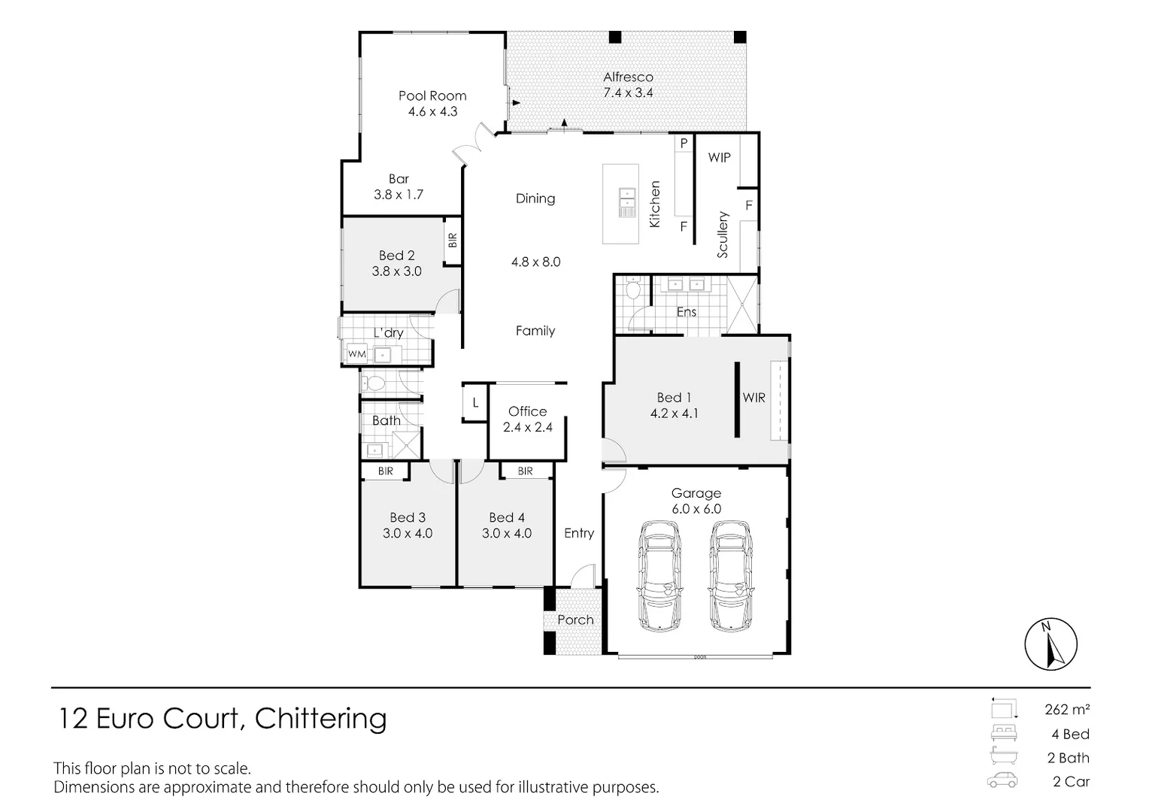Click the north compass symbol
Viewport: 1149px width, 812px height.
tap(1050, 644)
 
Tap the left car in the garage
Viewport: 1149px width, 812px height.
tap(660, 576)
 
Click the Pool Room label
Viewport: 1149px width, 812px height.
tap(432, 95)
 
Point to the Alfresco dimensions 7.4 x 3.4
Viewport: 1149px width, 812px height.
tap(628, 93)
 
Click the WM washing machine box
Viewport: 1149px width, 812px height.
tap(356, 354)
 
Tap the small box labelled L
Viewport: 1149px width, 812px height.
tap(475, 403)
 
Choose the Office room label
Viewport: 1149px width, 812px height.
tap(527, 411)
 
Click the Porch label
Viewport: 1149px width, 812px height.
tap(575, 620)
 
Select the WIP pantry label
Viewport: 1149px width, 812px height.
tap(719, 158)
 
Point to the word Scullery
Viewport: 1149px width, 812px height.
tap(723, 235)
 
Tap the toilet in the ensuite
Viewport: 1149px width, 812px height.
tap(632, 289)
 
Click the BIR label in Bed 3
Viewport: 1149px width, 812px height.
tap(386, 471)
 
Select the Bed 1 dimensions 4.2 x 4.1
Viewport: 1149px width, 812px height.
tap(674, 414)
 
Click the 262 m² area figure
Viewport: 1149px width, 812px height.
tap(1067, 709)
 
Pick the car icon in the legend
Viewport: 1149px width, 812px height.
tap(1002, 781)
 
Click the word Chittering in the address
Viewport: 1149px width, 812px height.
tap(321, 718)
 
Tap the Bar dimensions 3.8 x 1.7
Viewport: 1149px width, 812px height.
tap(399, 195)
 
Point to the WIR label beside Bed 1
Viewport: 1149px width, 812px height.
tap(753, 398)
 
